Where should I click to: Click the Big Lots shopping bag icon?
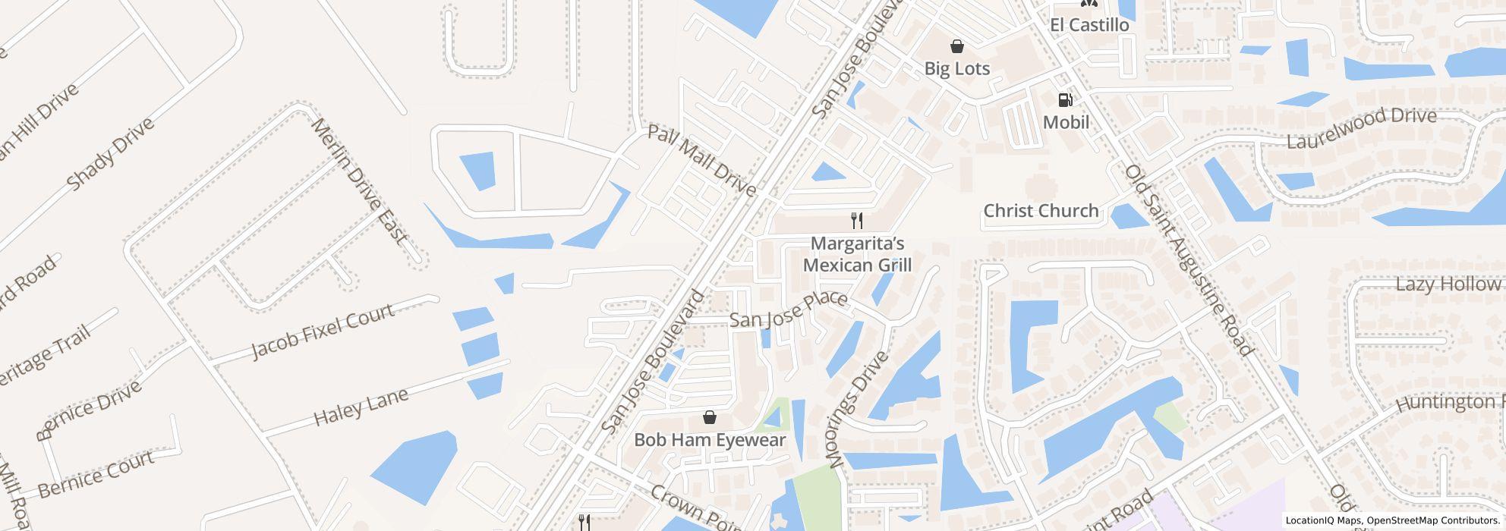pos(957,46)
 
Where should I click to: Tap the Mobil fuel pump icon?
pos(1066,99)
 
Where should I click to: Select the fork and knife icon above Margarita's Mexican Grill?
pos(857,221)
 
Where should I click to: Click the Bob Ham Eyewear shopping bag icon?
pos(710,417)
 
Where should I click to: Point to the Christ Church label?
pos(1041,211)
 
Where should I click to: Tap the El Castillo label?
pos(1089,25)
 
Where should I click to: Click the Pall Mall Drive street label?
pos(701,160)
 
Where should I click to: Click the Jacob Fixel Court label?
pos(323,331)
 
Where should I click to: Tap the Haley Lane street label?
pos(361,407)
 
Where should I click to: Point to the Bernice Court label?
pos(96,474)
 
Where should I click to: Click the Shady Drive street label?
pos(110,154)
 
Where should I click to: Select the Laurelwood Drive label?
pos(1361,128)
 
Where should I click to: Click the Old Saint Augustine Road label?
pos(1188,259)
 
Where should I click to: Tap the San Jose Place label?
pos(788,309)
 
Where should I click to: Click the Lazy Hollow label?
pos(1448,284)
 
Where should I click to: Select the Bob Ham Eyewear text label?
pos(710,440)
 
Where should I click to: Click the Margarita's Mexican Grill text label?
pos(857,254)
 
